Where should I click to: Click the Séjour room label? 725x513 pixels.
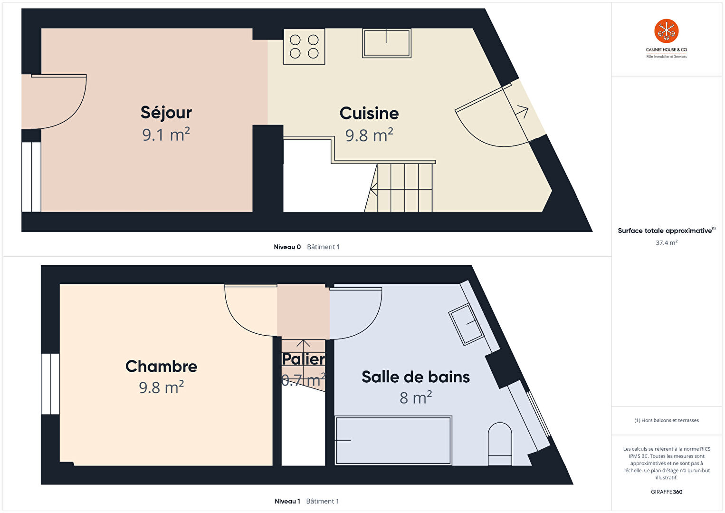pyautogui.click(x=166, y=113)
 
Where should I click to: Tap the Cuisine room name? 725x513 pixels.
pyautogui.click(x=369, y=113)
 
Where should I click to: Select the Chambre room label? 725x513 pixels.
pyautogui.click(x=161, y=366)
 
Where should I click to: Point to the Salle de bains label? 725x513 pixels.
pyautogui.click(x=416, y=377)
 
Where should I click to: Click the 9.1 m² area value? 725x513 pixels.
pyautogui.click(x=166, y=135)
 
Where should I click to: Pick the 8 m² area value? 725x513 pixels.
pyautogui.click(x=416, y=397)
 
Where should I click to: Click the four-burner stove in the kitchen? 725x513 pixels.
pyautogui.click(x=304, y=47)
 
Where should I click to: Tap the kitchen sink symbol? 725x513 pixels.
pyautogui.click(x=387, y=43)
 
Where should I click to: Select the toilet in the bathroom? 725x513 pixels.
pyautogui.click(x=500, y=444)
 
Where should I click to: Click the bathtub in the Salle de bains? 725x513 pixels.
pyautogui.click(x=393, y=440)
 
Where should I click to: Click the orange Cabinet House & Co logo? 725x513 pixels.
pyautogui.click(x=666, y=31)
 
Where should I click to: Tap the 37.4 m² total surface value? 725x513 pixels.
pyautogui.click(x=667, y=242)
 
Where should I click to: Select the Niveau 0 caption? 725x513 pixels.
pyautogui.click(x=287, y=247)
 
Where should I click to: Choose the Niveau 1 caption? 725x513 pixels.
pyautogui.click(x=287, y=501)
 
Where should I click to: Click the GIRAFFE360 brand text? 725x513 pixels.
pyautogui.click(x=667, y=492)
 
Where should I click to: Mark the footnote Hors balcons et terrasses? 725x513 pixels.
pyautogui.click(x=667, y=420)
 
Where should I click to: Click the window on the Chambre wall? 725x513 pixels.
pyautogui.click(x=50, y=384)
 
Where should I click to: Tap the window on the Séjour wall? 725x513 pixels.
pyautogui.click(x=31, y=177)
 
